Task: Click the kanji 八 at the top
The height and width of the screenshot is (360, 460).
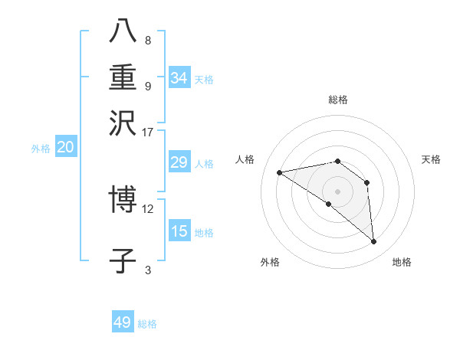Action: coord(123,31)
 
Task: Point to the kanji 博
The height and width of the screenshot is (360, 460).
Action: coord(123,201)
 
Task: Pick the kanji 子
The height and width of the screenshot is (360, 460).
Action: coord(123,260)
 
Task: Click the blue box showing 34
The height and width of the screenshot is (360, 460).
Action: coord(179,78)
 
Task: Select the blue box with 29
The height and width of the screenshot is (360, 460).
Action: coord(179,162)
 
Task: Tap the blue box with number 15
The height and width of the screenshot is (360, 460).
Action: coord(179,231)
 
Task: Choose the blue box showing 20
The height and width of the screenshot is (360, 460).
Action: coord(65,148)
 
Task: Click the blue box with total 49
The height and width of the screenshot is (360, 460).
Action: coord(123,322)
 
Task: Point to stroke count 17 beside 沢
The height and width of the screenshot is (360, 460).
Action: coord(148,132)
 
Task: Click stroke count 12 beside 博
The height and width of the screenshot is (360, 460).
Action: coord(148,208)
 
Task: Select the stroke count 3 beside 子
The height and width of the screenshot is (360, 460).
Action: coord(148,270)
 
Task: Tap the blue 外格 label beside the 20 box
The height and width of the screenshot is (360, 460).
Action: coord(41,149)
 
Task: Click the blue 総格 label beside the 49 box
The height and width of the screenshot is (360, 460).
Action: coord(147,324)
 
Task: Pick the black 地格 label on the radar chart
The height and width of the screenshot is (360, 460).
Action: coord(402,263)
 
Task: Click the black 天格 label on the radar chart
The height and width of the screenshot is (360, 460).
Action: coord(431,159)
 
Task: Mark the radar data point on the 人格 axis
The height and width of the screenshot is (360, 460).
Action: coord(280,172)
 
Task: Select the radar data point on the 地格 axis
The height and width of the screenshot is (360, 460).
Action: coord(374,242)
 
